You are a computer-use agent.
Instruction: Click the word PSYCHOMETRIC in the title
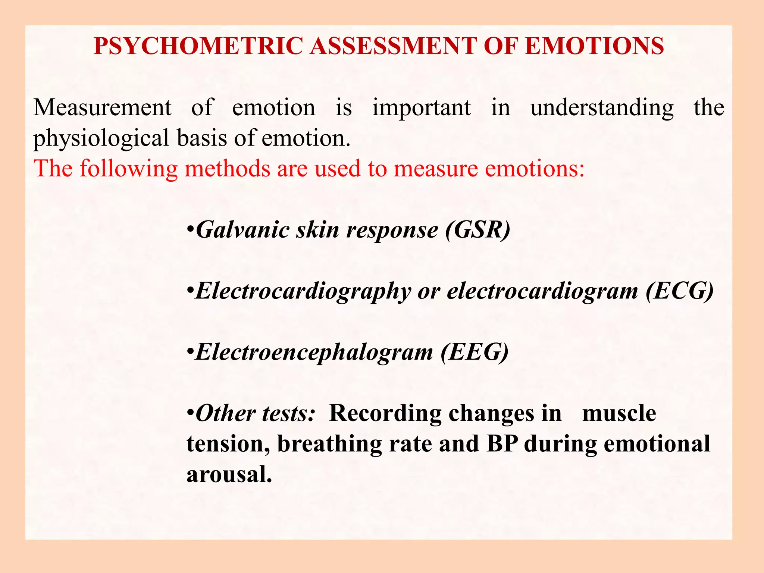[198, 46]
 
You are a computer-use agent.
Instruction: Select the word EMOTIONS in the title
[594, 46]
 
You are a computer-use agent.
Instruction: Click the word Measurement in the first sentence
[102, 108]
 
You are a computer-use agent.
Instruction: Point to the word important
[422, 108]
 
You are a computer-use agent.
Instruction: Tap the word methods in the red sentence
[228, 169]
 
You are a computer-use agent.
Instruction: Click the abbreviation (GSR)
[477, 230]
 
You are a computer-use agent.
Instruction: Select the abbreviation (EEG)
[475, 352]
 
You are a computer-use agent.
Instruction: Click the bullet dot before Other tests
[190, 414]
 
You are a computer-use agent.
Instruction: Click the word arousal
[229, 475]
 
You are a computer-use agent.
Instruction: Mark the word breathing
[329, 445]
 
